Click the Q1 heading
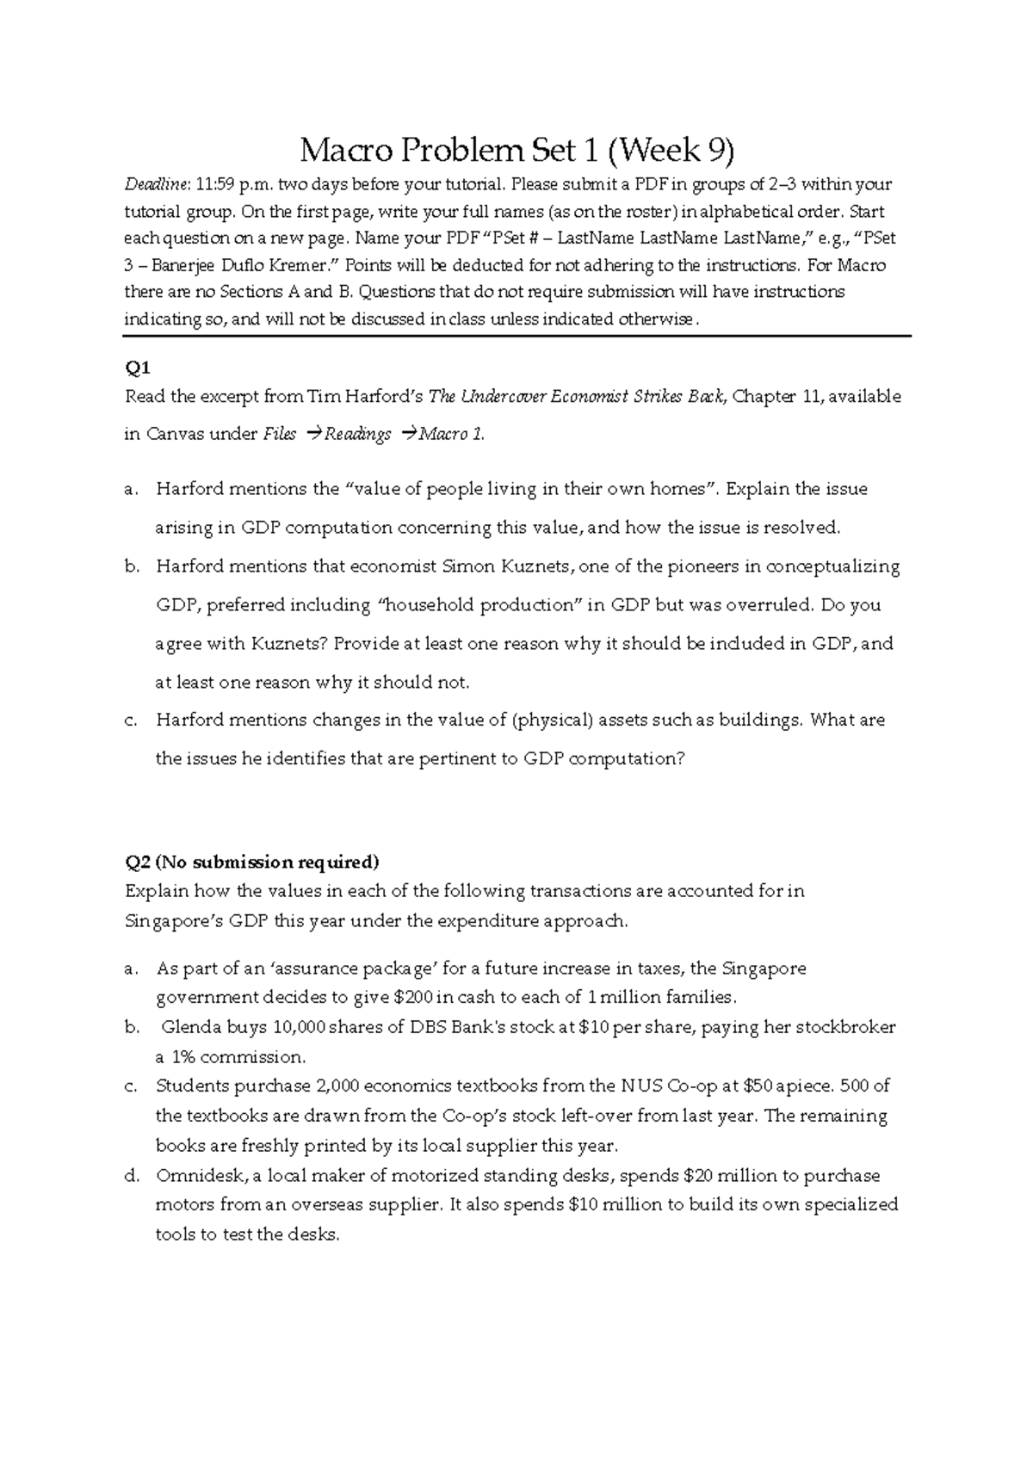(138, 368)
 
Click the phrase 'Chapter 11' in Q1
(771, 397)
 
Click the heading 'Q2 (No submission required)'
(251, 863)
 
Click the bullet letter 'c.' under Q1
(132, 721)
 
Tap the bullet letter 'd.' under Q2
(132, 1176)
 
